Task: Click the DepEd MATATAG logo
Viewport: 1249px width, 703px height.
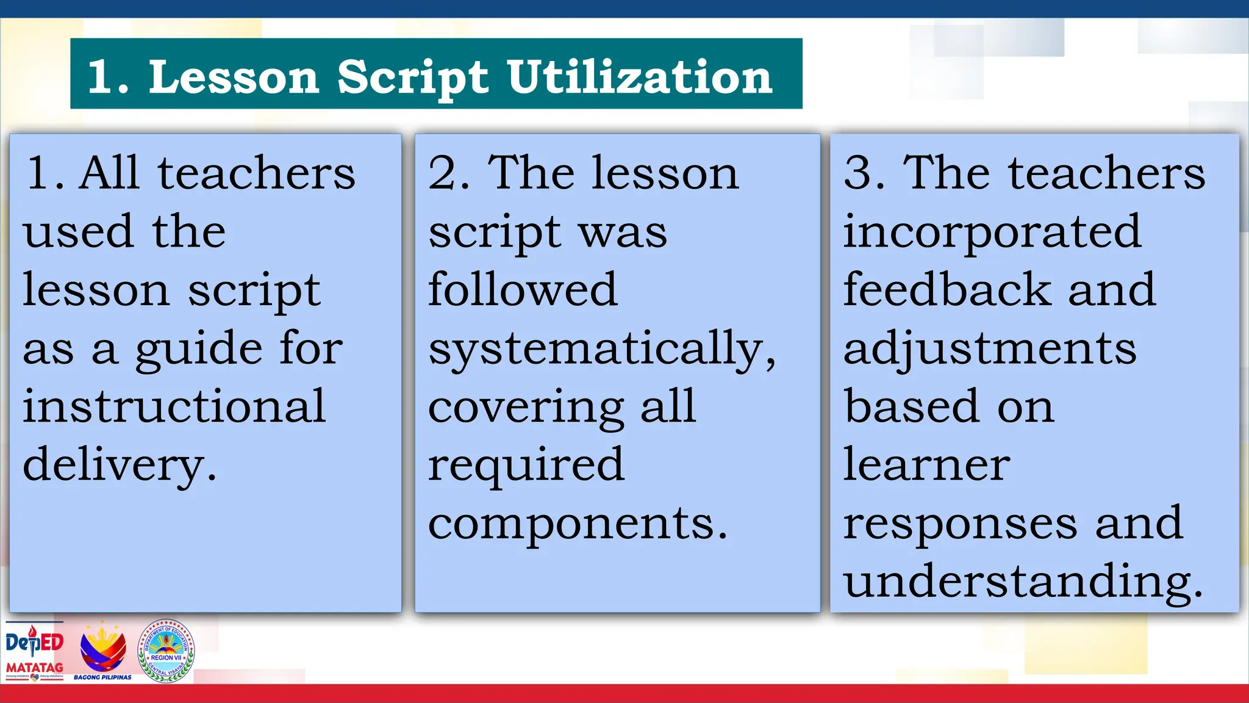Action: point(35,651)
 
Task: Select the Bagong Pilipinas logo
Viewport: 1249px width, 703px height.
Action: point(103,651)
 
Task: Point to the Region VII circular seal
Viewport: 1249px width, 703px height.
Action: point(166,651)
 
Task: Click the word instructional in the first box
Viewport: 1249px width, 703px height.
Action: point(174,406)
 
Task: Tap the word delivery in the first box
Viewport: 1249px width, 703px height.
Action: point(120,465)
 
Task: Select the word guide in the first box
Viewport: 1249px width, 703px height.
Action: point(198,349)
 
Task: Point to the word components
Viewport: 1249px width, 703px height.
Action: point(578,524)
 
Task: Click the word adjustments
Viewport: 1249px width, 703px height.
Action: point(990,349)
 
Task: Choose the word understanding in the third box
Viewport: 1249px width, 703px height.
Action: point(1023,581)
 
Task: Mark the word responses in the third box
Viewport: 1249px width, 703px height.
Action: point(960,524)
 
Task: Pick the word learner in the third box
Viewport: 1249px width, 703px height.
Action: point(926,465)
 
